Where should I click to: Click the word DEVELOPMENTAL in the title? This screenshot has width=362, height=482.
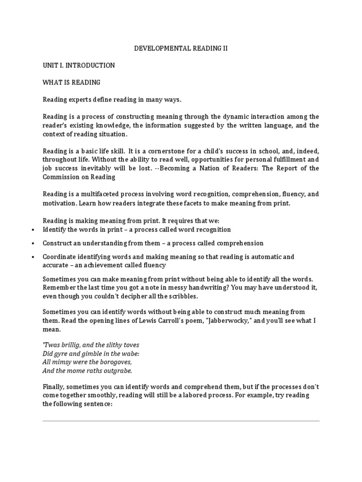(156, 48)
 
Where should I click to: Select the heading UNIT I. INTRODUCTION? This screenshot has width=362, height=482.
(79, 65)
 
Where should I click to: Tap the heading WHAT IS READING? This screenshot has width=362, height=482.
(72, 82)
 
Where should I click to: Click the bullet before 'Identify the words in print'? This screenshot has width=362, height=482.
(33, 230)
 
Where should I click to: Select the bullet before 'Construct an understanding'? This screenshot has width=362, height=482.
(33, 244)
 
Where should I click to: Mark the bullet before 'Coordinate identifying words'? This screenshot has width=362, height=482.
(33, 257)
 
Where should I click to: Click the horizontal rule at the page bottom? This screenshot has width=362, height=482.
(181, 421)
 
